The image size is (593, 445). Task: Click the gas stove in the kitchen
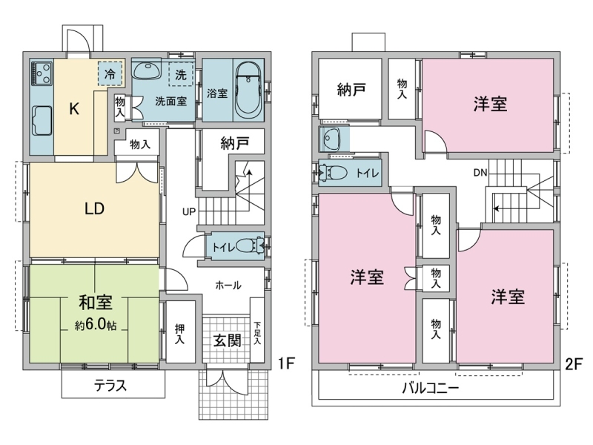pyautogui.click(x=42, y=72)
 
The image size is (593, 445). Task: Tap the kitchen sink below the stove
pyautogui.click(x=42, y=120)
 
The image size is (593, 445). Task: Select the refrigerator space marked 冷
pyautogui.click(x=110, y=73)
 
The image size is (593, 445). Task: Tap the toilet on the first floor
pyautogui.click(x=249, y=245)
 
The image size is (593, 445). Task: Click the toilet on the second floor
pyautogui.click(x=334, y=173)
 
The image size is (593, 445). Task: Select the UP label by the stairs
pyautogui.click(x=189, y=211)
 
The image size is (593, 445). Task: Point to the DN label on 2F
pyautogui.click(x=480, y=173)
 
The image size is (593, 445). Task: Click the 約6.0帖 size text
pyautogui.click(x=96, y=325)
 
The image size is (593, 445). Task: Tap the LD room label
pyautogui.click(x=95, y=208)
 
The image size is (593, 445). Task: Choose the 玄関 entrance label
pyautogui.click(x=227, y=340)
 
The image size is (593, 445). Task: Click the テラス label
pyautogui.click(x=110, y=386)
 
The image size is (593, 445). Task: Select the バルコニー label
pyautogui.click(x=431, y=388)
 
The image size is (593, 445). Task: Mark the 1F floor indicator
pyautogui.click(x=286, y=363)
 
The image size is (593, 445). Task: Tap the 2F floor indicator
pyautogui.click(x=573, y=364)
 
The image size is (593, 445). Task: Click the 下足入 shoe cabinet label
pyautogui.click(x=257, y=333)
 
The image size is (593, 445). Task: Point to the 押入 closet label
pyautogui.click(x=179, y=334)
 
